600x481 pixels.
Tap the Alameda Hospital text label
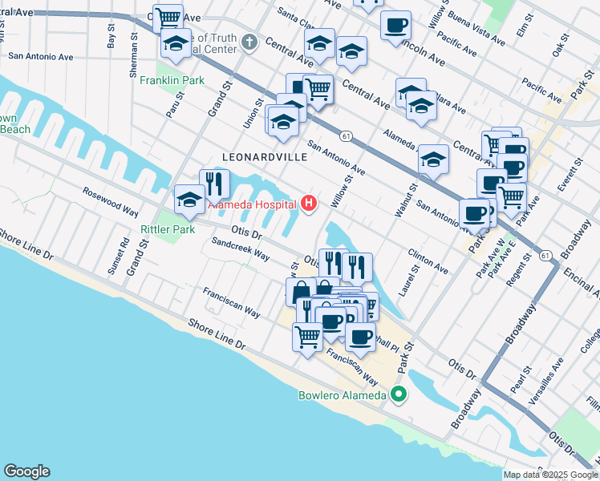tap(253, 204)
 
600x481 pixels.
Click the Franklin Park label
tap(172, 81)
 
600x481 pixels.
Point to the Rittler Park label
tap(168, 230)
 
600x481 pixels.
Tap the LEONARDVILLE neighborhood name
tap(265, 158)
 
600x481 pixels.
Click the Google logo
tap(26, 471)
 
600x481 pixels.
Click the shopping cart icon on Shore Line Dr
tap(307, 338)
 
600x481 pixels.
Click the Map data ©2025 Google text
tap(550, 475)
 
